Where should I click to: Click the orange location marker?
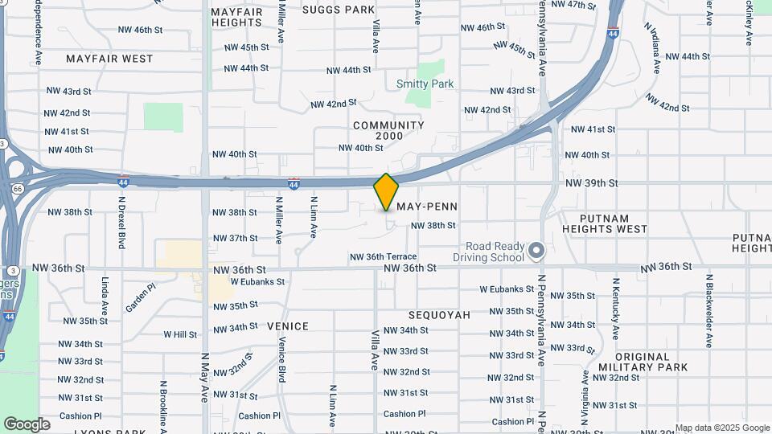click(387, 192)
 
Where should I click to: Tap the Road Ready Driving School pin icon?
click(538, 252)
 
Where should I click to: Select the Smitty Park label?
click(425, 84)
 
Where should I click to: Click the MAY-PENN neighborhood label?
click(427, 207)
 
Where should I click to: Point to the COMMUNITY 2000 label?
click(388, 131)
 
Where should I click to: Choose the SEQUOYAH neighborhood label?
click(439, 315)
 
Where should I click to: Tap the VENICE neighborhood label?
click(288, 326)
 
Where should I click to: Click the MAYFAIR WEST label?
click(109, 59)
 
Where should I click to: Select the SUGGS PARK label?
click(339, 10)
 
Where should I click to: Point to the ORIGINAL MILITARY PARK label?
click(643, 362)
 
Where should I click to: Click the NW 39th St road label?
click(591, 183)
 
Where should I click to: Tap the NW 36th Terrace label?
click(383, 256)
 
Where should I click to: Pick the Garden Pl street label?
click(140, 297)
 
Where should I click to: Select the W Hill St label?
click(181, 334)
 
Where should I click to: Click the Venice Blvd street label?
click(281, 361)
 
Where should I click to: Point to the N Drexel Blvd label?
click(121, 222)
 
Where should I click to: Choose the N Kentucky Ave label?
click(615, 309)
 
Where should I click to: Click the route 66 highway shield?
click(18, 188)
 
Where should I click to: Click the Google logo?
click(27, 424)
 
